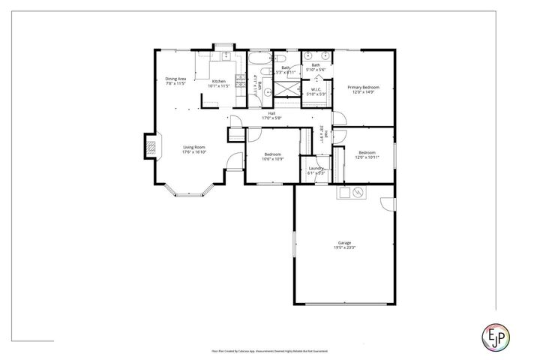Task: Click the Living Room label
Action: [193, 147]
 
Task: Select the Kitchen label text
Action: [218, 81]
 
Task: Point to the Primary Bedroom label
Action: [363, 88]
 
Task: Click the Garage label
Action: [344, 243]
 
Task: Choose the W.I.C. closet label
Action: [316, 90]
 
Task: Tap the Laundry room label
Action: [316, 169]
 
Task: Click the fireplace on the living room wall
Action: [151, 146]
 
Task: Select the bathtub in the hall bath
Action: [258, 61]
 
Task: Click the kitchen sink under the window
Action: [223, 56]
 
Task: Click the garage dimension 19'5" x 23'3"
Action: [344, 247]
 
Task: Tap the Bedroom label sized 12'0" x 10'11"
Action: [367, 154]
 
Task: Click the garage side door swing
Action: [387, 204]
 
